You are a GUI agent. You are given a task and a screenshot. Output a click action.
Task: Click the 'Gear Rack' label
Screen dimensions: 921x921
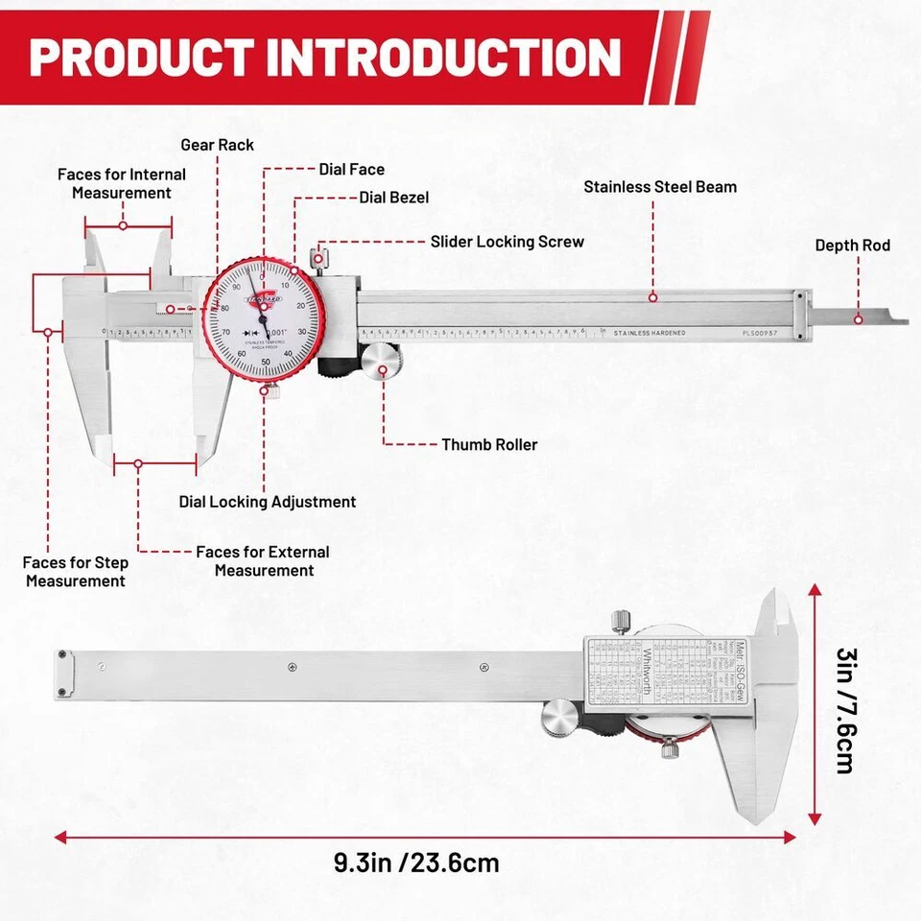click(x=218, y=145)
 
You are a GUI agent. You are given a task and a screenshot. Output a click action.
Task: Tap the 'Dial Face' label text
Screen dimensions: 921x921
click(x=352, y=170)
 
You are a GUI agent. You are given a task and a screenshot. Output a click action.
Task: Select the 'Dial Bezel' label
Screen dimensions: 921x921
click(x=393, y=198)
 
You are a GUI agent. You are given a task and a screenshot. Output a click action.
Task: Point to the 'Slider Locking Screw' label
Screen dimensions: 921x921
click(x=507, y=242)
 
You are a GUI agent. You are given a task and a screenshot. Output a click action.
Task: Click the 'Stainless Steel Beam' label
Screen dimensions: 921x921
click(x=660, y=187)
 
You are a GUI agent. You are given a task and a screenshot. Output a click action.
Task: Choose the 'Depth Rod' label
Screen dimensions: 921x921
click(x=852, y=246)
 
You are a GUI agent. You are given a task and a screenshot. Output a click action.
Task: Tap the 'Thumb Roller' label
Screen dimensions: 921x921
click(x=489, y=445)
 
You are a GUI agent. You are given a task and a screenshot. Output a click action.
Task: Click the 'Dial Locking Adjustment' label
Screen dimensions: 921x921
click(x=268, y=502)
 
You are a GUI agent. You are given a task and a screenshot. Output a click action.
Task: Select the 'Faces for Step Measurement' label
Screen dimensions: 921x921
click(x=75, y=572)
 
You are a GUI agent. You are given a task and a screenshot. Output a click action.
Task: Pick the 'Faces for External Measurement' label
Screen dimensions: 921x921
click(x=263, y=561)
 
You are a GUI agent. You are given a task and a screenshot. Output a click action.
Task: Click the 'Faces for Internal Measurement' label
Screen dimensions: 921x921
click(x=122, y=183)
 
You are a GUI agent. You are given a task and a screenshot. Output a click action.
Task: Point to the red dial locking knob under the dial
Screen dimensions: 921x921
click(x=272, y=389)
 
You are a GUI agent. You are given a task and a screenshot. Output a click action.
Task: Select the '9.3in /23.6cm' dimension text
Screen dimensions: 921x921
click(x=416, y=862)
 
